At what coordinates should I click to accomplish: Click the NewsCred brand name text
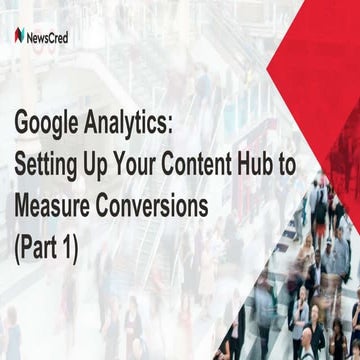click(x=51, y=36)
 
